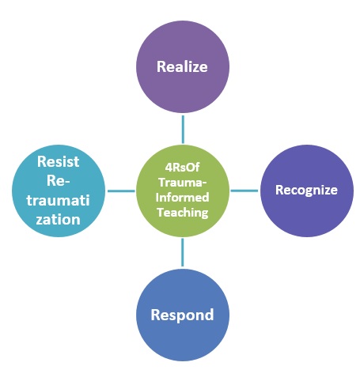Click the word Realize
coord(182,66)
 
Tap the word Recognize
coord(306,191)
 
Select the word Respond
coord(182,315)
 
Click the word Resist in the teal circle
coord(59,161)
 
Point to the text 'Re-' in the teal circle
coord(59,181)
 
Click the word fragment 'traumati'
coord(58,200)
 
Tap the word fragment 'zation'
coord(58,220)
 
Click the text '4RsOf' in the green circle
coord(182,167)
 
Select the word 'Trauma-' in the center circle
coord(182,182)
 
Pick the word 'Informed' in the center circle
coord(182,197)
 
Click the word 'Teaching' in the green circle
coord(183,213)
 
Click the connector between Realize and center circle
coord(183,130)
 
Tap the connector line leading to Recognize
coord(244,191)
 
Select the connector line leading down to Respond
coord(183,252)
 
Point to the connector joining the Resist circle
coord(121,191)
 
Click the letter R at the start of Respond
coord(155,315)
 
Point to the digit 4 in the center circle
coord(169,168)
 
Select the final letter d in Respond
coord(210,314)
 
